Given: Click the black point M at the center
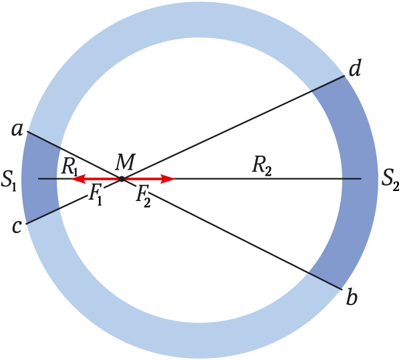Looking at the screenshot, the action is pyautogui.click(x=122, y=179).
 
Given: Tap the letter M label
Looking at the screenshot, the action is pyautogui.click(x=125, y=162).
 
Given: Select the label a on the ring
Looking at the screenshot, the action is pyautogui.click(x=17, y=130).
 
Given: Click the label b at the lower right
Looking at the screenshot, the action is pyautogui.click(x=352, y=297).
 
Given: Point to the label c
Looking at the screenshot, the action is pyautogui.click(x=17, y=226).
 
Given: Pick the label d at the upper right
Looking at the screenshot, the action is pyautogui.click(x=355, y=67).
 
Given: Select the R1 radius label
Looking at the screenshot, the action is pyautogui.click(x=70, y=168).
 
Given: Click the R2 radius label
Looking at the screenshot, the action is pyautogui.click(x=261, y=166).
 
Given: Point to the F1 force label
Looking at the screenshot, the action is pyautogui.click(x=95, y=195).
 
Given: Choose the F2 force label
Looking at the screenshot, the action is pyautogui.click(x=143, y=196).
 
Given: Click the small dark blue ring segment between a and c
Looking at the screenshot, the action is pyautogui.click(x=39, y=178).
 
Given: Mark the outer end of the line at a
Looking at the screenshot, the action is pyautogui.click(x=27, y=132).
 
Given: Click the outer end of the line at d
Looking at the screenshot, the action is pyautogui.click(x=344, y=76).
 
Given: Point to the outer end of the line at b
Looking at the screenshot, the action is pyautogui.click(x=342, y=289).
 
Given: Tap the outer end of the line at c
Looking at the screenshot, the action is pyautogui.click(x=26, y=224).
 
